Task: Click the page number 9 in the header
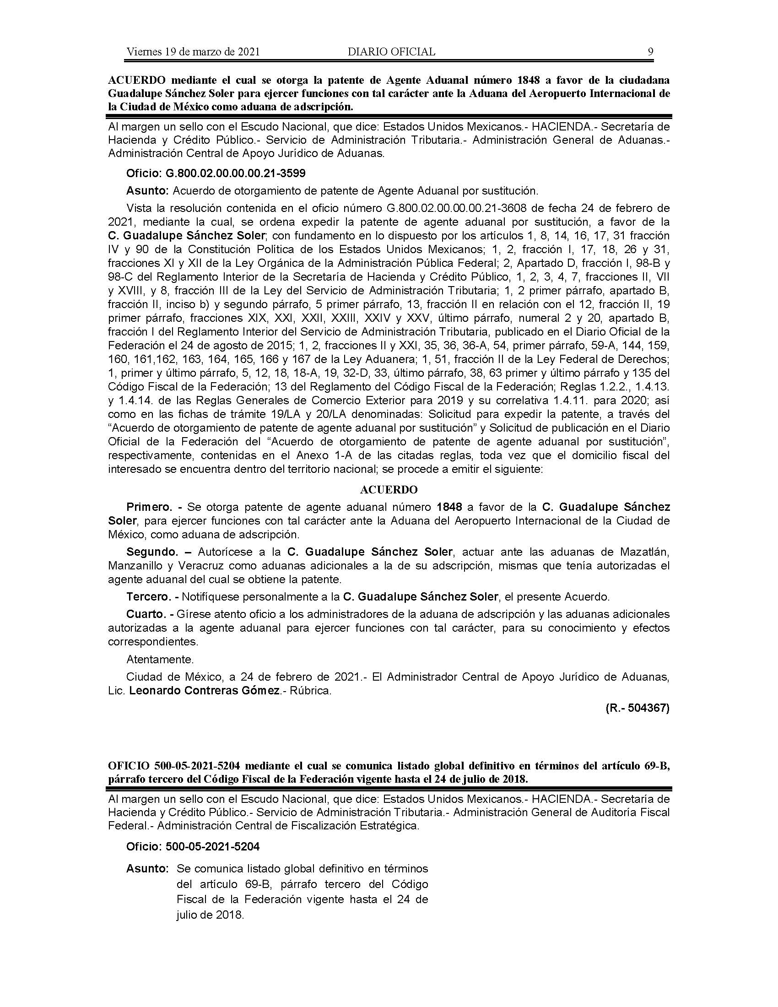650,52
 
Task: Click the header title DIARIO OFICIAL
391,52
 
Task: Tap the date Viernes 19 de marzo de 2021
193,52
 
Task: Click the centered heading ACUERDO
389,489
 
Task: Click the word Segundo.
152,552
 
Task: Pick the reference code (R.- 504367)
638,708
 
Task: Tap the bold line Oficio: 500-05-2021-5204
193,846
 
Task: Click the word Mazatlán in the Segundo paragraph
644,552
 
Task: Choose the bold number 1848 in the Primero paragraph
449,507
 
